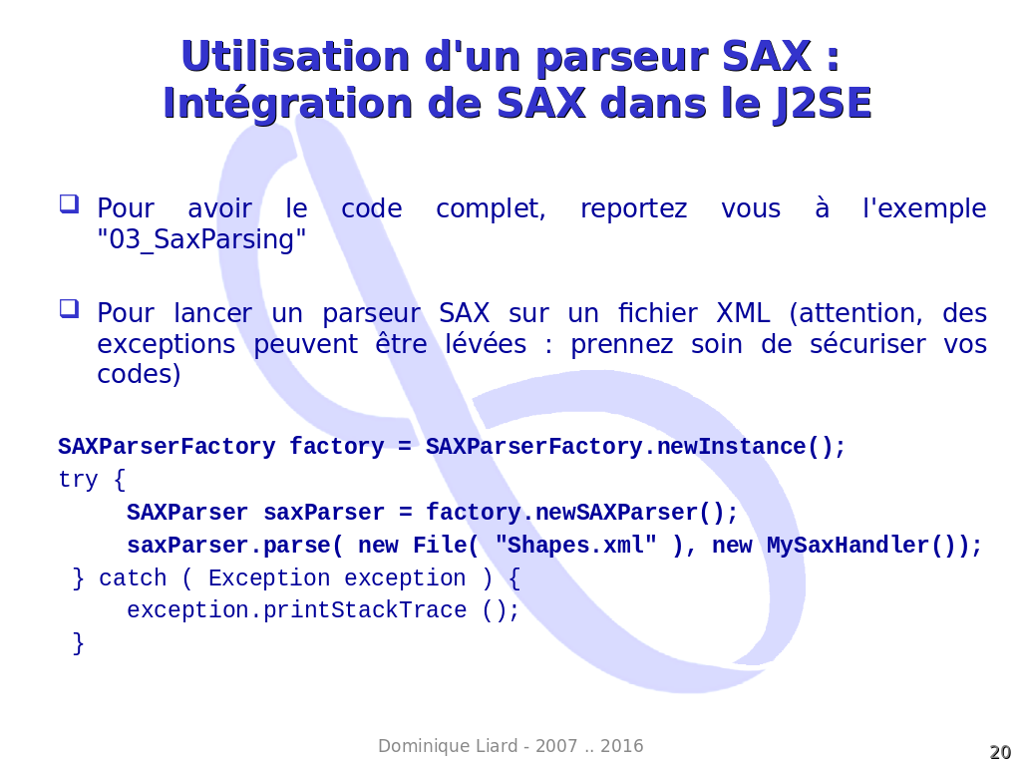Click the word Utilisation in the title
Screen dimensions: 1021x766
tap(295, 56)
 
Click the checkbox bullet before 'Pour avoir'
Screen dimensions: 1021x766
tap(69, 203)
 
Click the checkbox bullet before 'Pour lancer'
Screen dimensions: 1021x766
tap(69, 308)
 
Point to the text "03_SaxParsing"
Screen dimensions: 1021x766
tap(201, 239)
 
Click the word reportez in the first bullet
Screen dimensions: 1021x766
tap(633, 208)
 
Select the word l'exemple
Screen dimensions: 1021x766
tap(924, 208)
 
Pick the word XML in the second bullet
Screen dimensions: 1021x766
tap(743, 313)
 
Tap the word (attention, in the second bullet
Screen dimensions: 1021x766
tap(856, 314)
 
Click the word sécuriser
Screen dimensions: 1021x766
tap(867, 344)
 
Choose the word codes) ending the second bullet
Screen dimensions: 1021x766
tap(139, 375)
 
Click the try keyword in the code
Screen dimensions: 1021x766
tap(78, 480)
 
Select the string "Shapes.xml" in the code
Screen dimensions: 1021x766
tap(575, 545)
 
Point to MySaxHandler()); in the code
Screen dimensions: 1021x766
tap(873, 546)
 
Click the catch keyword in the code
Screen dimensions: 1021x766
tap(133, 577)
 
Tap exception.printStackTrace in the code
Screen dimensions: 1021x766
tap(297, 610)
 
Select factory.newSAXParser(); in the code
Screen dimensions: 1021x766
tap(581, 513)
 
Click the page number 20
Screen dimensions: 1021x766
tap(1000, 752)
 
